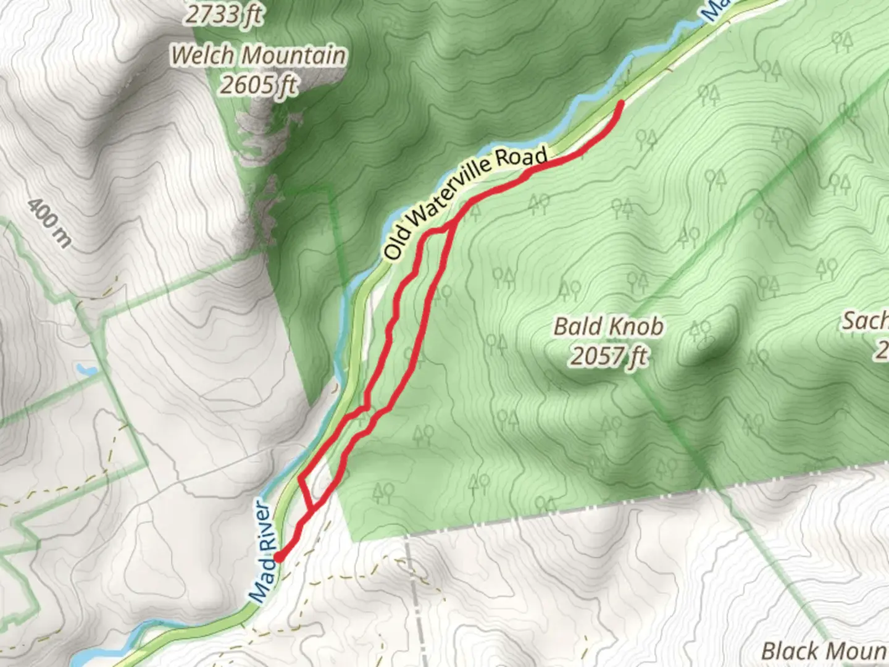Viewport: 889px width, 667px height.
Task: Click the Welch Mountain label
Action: click(258, 56)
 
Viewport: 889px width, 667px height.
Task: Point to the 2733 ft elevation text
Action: click(223, 14)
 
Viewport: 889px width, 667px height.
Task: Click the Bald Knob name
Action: click(608, 326)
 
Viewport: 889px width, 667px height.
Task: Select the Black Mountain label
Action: click(825, 651)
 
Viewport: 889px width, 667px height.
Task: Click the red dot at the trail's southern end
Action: click(278, 557)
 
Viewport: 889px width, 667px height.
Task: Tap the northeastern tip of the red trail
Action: click(620, 103)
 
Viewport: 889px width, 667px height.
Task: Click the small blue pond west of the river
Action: click(86, 371)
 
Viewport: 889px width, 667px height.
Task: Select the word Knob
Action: click(636, 326)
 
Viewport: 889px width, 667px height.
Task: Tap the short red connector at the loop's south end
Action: click(304, 494)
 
